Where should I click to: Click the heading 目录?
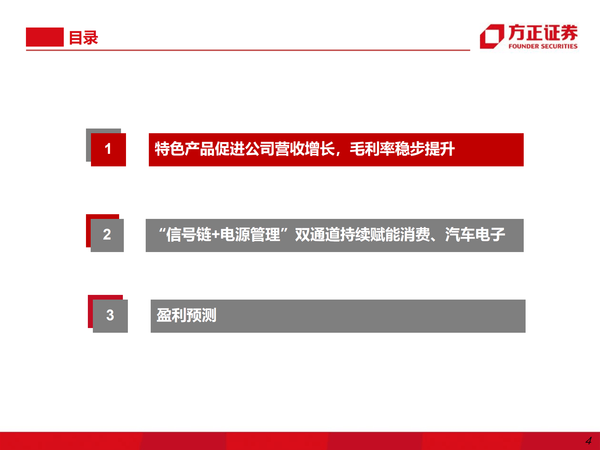(x=83, y=38)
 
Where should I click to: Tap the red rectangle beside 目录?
(x=45, y=37)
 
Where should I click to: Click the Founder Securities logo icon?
(x=492, y=37)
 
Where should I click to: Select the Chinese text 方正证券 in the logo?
(x=543, y=33)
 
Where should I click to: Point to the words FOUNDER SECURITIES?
(x=543, y=46)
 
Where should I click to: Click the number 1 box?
(x=108, y=149)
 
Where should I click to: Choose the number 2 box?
(x=107, y=235)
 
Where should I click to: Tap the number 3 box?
(x=110, y=316)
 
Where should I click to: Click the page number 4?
(x=588, y=441)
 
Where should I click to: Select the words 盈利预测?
(x=186, y=315)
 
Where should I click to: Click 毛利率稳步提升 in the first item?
(x=402, y=149)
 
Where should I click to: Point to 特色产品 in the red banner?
(x=184, y=149)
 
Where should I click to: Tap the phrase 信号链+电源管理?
(x=223, y=235)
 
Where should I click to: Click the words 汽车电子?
(x=475, y=235)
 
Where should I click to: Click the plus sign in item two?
(x=216, y=235)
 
